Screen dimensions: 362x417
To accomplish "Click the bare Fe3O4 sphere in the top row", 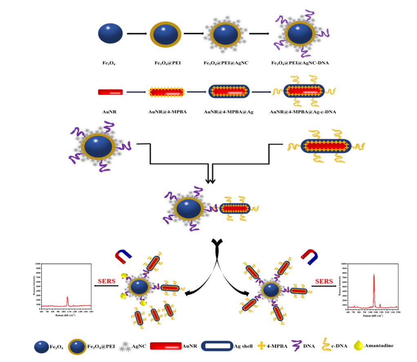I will pyautogui.click(x=110, y=34).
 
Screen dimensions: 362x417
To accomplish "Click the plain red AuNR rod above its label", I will pyautogui.click(x=110, y=92).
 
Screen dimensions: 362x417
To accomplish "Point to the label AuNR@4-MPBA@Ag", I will pyautogui.click(x=229, y=111).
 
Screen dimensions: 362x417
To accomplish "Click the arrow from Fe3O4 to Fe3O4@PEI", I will pyautogui.click(x=136, y=34).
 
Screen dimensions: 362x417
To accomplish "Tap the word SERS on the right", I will pyautogui.click(x=325, y=281).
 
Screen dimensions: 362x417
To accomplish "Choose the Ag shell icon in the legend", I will pyautogui.click(x=217, y=346).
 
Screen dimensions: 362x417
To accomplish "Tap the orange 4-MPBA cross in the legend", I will pyautogui.click(x=261, y=346).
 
